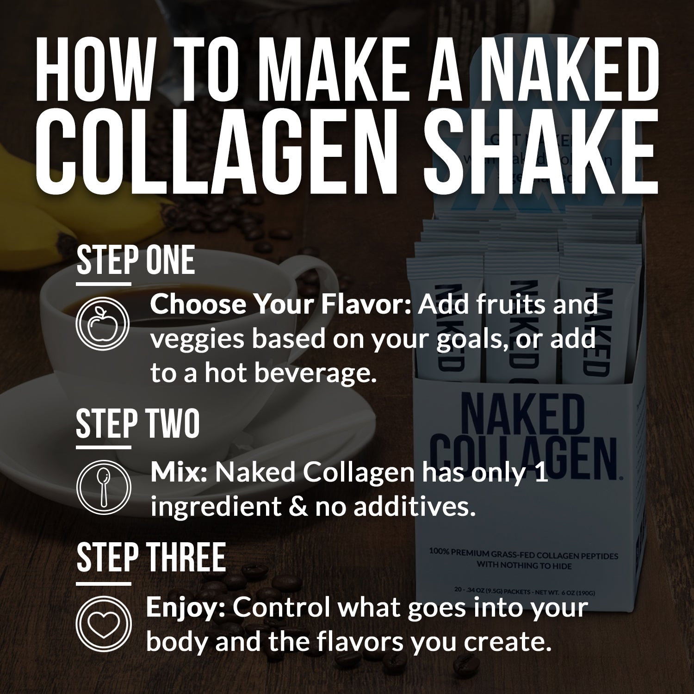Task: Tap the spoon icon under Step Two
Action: point(103,486)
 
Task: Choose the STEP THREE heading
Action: point(151,558)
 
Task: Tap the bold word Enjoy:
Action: point(186,607)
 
